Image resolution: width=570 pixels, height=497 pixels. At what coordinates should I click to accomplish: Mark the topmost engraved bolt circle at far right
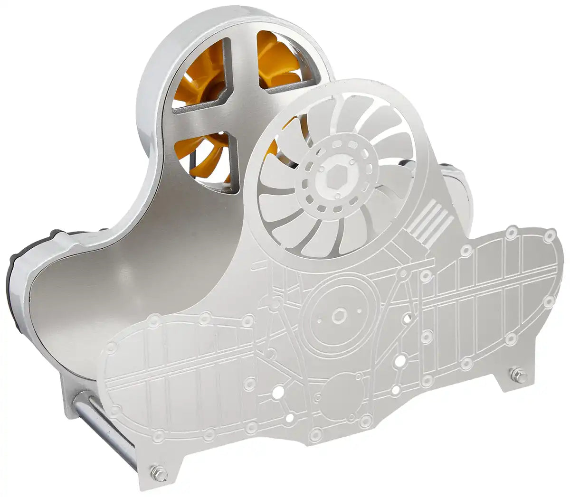click(550, 234)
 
